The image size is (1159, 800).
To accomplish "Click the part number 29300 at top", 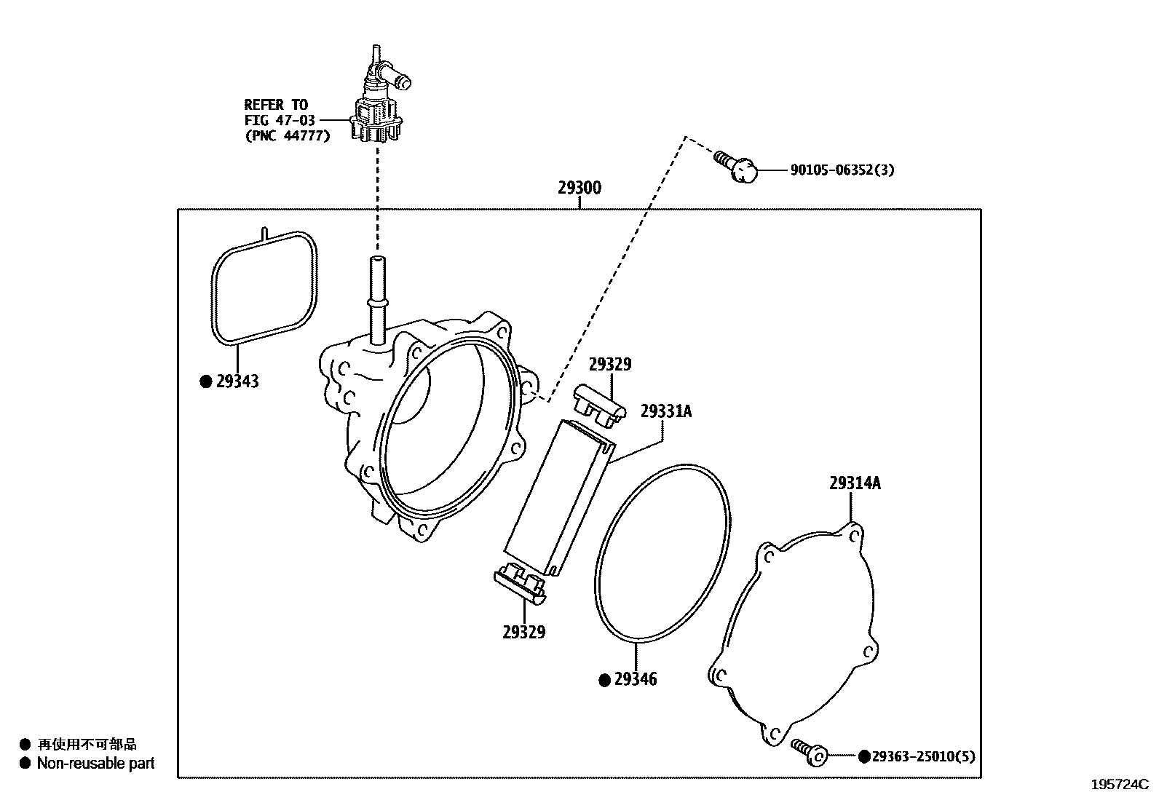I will pos(579,188).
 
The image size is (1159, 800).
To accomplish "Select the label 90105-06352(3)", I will pos(842,170).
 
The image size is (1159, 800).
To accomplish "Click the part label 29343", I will pos(237,381).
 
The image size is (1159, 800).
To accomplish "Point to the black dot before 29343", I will pos(206,381).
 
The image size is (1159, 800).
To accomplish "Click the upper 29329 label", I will pos(610,365).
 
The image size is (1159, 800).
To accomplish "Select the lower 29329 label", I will pos(523,632).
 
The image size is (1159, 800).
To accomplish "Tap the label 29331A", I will pos(666,412).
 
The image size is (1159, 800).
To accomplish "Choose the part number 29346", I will pos(635,679).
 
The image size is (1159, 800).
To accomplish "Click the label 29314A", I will pos(855,483).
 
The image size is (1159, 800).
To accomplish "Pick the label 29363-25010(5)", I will pos(923,756).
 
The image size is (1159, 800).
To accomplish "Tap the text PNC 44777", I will pos(287,135).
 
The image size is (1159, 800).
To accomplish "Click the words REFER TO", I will pos(276,105).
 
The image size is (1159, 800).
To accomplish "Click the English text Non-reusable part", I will pos(96,764).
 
